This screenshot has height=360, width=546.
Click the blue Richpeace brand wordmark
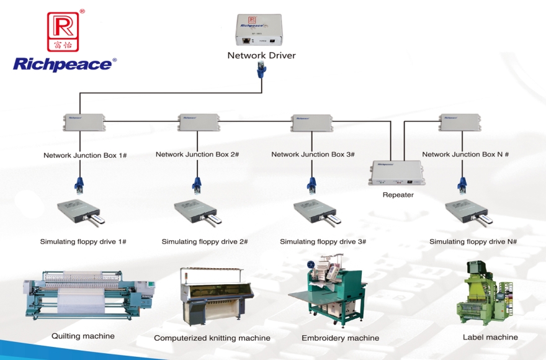(65, 63)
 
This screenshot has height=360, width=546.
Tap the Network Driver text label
(261, 55)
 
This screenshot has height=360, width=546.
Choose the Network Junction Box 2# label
(197, 155)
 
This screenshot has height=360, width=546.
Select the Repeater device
(398, 173)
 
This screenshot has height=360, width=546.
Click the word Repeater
(398, 195)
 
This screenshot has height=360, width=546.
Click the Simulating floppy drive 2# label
(205, 241)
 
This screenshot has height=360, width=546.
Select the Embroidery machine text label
(340, 338)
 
